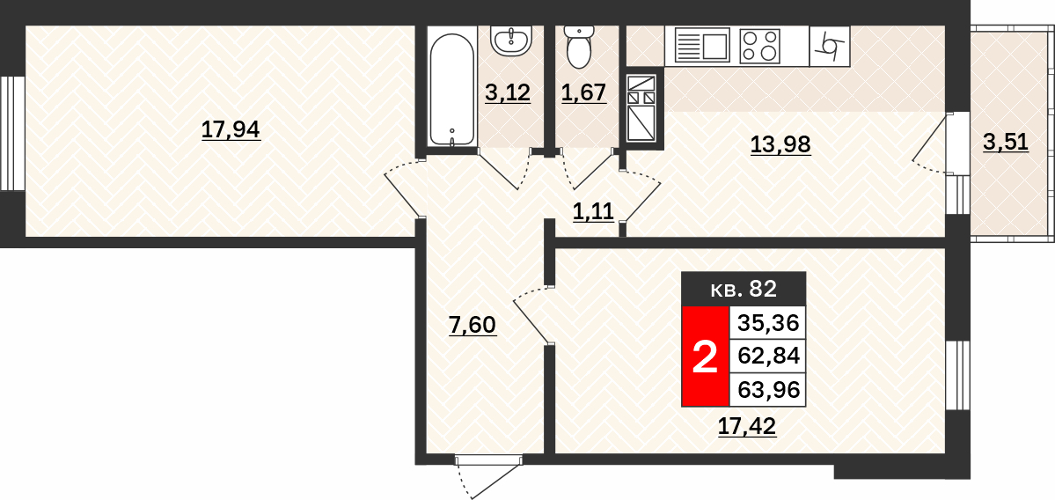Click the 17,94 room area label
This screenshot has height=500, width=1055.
(x=231, y=129)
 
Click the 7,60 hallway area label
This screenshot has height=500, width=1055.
(x=472, y=325)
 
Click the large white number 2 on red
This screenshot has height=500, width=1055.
(x=705, y=357)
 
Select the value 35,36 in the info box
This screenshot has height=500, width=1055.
(x=767, y=324)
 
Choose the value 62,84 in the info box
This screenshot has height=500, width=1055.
(x=767, y=356)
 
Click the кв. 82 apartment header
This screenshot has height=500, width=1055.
(x=744, y=290)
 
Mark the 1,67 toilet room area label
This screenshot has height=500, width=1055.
(x=584, y=92)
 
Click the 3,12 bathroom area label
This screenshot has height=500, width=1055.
(x=508, y=92)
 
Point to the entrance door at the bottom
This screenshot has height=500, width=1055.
(x=489, y=474)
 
